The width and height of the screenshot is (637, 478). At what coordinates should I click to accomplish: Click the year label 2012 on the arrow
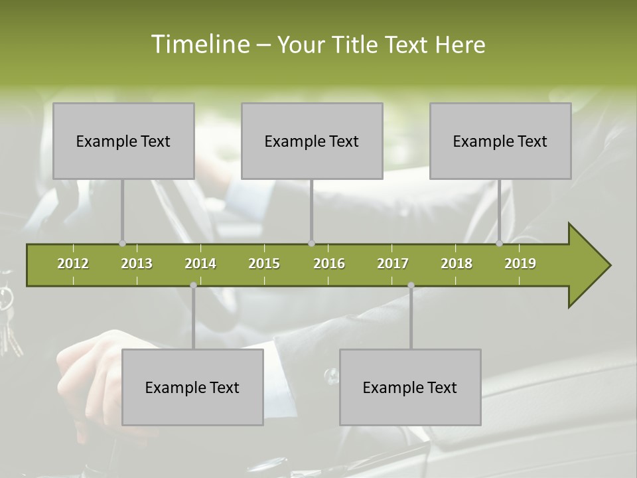(73, 264)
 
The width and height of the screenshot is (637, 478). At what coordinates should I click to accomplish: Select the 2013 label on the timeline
(137, 264)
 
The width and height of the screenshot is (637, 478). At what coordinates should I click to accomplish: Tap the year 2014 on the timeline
(200, 264)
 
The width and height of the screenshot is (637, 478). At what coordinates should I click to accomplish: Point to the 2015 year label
(264, 264)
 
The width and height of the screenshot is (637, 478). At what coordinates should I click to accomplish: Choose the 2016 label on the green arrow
(329, 264)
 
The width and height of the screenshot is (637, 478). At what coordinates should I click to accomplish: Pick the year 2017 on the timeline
(393, 264)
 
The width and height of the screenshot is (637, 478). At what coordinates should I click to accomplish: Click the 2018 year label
(457, 264)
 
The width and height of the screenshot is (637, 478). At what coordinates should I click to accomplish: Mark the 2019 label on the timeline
(520, 264)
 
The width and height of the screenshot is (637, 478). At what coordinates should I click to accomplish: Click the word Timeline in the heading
(200, 44)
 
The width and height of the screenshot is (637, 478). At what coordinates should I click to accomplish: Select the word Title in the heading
(357, 44)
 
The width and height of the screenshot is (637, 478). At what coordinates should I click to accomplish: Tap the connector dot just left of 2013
(122, 244)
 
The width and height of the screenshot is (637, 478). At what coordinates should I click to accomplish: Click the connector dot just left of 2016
(311, 244)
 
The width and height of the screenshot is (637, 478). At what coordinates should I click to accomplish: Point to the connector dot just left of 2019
(500, 244)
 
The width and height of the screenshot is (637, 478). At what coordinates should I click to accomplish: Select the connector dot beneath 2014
(193, 285)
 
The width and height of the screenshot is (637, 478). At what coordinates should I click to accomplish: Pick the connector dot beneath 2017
(411, 285)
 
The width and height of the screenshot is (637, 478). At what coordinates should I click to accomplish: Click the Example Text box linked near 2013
(123, 141)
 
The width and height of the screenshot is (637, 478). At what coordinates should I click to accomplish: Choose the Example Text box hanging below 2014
(192, 387)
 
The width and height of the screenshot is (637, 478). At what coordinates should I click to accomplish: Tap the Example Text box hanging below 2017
(410, 387)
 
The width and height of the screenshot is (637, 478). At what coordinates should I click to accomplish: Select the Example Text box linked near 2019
(500, 141)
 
